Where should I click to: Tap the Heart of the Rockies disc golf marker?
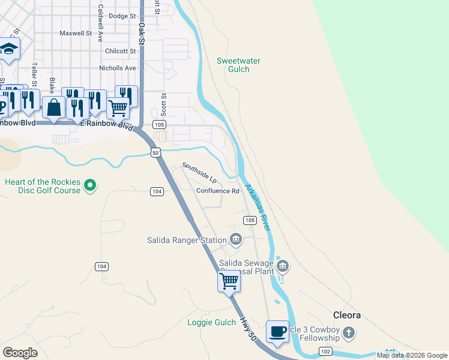[90, 185]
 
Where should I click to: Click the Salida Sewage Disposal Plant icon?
[284, 265]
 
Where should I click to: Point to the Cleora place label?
[347, 314]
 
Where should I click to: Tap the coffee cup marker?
[277, 332]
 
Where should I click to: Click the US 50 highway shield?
[155, 153]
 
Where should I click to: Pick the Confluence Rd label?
[217, 191]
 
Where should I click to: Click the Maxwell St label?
[76, 34]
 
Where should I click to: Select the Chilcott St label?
[121, 51]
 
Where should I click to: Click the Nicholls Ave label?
[118, 68]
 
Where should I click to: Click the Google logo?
[20, 353]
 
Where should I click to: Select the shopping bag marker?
[53, 107]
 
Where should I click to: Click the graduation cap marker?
[9, 49]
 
